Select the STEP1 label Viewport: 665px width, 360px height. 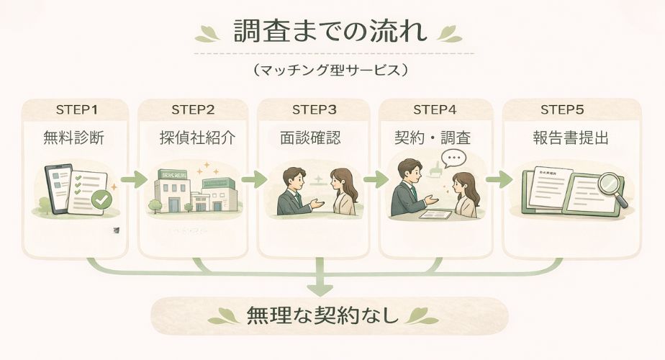click(x=76, y=109)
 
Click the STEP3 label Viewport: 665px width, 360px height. click(x=315, y=109)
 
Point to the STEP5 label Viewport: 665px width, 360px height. click(x=561, y=109)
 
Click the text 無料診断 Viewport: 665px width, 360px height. click(x=75, y=138)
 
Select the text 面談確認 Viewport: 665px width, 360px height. click(x=315, y=138)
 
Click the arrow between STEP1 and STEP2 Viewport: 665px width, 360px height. click(x=132, y=179)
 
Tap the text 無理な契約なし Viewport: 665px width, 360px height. click(x=322, y=315)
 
